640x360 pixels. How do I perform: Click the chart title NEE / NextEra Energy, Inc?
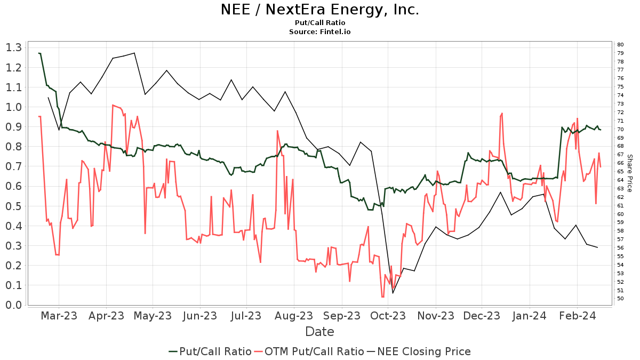coord(320,10)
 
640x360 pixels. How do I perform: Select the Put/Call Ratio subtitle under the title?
coord(320,23)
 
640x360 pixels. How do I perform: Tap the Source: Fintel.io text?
coord(320,32)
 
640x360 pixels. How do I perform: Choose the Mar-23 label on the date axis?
coord(59,316)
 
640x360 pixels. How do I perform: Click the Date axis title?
coord(319,332)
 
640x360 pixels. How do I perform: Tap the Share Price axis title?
coord(630,173)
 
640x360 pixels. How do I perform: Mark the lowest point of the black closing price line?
coord(393,293)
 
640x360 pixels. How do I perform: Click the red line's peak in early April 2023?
coord(113,105)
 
